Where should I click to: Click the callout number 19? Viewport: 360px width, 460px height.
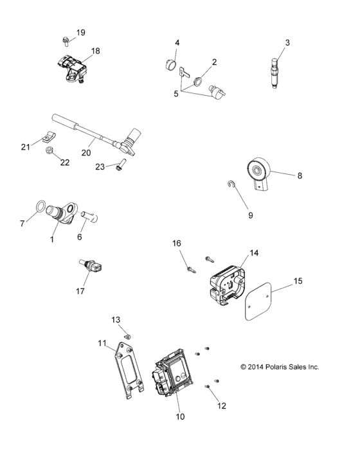coord(80,33)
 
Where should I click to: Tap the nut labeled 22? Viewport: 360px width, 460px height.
coord(50,152)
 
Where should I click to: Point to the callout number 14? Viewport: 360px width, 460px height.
coord(254,252)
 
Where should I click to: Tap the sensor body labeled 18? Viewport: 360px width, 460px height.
coord(71,67)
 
